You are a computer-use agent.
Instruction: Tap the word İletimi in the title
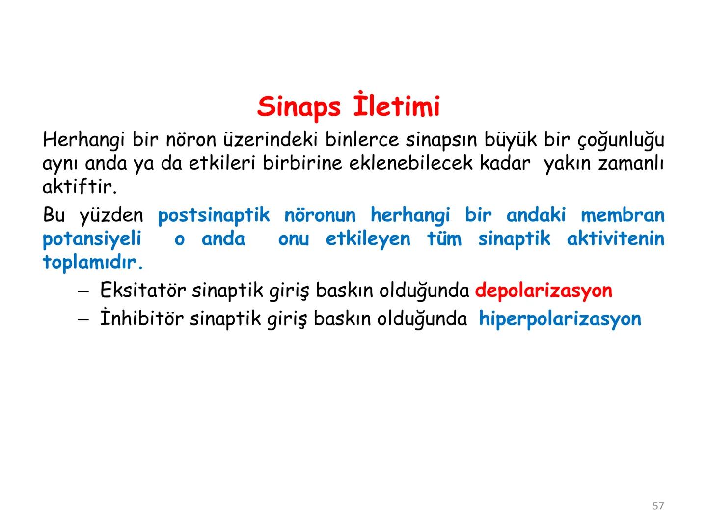(x=397, y=106)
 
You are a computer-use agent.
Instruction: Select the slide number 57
(x=658, y=506)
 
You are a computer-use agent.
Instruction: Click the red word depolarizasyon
(x=544, y=291)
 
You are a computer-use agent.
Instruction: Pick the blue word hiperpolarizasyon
(x=560, y=319)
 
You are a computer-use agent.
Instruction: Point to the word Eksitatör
(x=142, y=291)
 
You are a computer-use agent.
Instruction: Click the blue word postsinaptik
(x=214, y=215)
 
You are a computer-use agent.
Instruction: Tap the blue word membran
(x=622, y=215)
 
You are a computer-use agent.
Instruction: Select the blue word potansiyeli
(x=92, y=239)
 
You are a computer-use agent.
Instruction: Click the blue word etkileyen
(x=368, y=239)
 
